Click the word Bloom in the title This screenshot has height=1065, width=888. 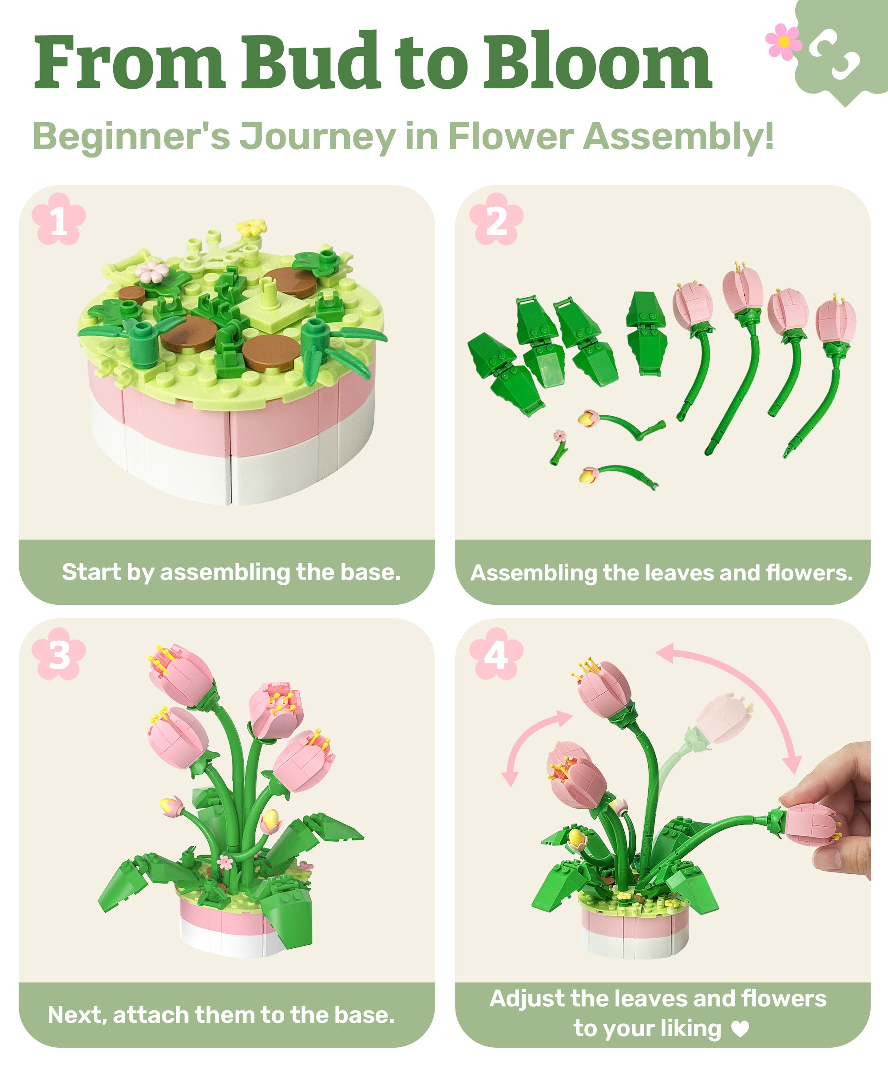click(x=597, y=62)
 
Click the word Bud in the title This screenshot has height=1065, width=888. click(x=309, y=62)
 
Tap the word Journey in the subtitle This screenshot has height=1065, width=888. click(x=317, y=137)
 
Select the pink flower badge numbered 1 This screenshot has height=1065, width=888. click(x=58, y=219)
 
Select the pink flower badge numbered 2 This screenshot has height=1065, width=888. click(x=496, y=219)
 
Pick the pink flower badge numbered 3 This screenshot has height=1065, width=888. click(x=58, y=654)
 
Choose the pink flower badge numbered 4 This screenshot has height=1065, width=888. click(x=496, y=654)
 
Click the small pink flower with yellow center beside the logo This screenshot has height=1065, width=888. click(x=784, y=42)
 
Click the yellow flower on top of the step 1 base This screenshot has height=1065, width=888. click(x=251, y=227)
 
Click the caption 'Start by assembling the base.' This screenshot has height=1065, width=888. click(x=231, y=572)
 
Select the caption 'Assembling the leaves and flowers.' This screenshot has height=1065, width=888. click(x=662, y=573)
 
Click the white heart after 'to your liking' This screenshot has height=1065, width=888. click(x=740, y=1028)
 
